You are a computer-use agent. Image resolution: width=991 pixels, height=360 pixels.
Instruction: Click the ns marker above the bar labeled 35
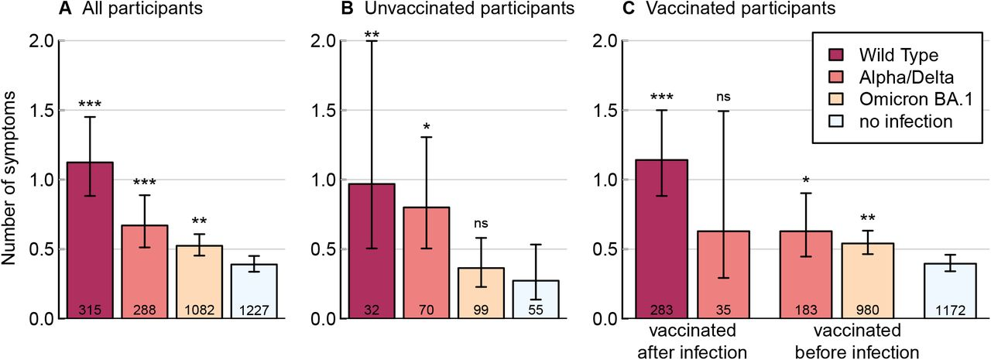pos(724,97)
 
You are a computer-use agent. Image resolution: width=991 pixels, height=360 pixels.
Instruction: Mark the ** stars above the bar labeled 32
pos(372,36)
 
